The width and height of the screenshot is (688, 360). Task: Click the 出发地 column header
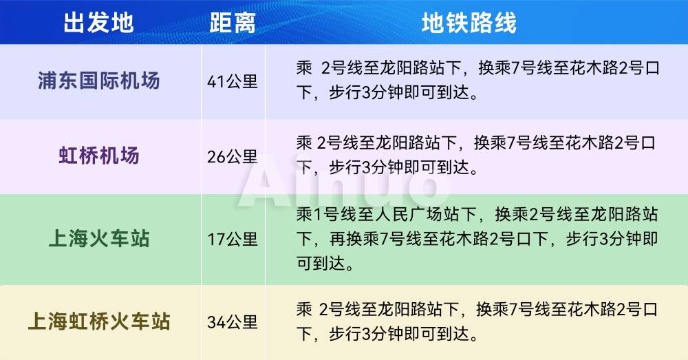(x=98, y=23)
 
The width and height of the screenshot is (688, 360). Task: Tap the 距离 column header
(x=233, y=23)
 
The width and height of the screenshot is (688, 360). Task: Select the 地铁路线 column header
(x=469, y=23)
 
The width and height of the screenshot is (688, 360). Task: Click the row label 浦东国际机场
(x=98, y=81)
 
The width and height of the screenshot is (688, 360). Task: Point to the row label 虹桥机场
(x=98, y=156)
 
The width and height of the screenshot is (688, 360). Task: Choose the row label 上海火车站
(x=98, y=239)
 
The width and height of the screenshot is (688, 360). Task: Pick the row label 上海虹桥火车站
(x=98, y=321)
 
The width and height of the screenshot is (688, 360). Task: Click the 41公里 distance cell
(x=233, y=81)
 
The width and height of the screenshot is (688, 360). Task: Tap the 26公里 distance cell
(x=233, y=156)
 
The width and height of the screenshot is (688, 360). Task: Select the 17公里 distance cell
(x=233, y=240)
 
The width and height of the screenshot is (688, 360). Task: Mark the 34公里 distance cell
(x=233, y=322)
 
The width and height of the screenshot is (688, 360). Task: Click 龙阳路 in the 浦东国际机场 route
(x=406, y=68)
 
